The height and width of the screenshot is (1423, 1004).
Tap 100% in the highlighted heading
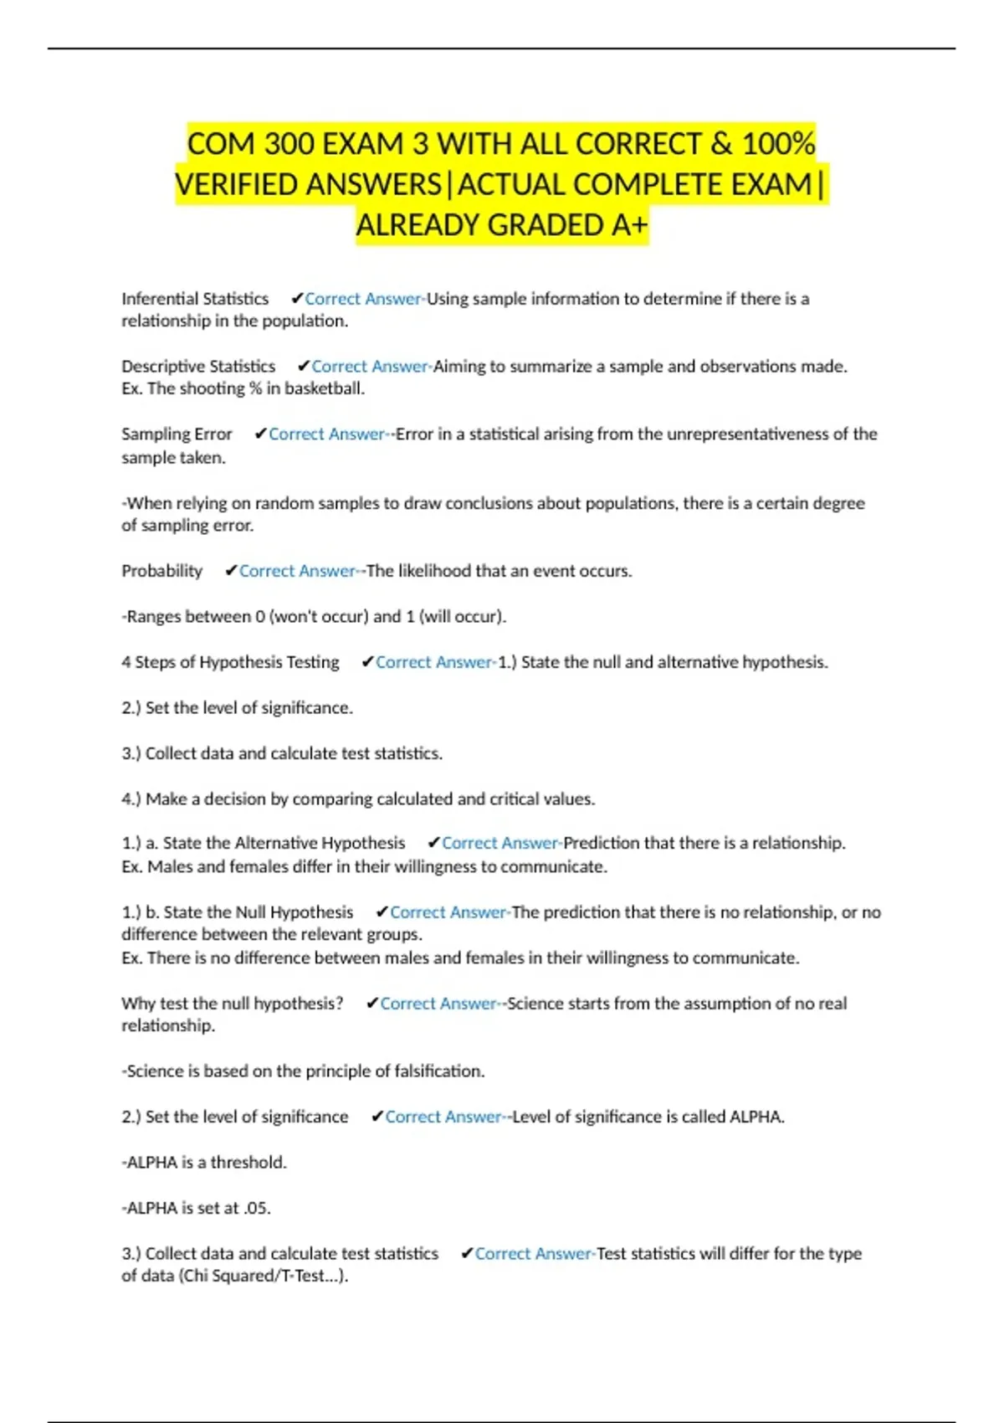pos(778,144)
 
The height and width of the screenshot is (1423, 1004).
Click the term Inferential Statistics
pos(195,299)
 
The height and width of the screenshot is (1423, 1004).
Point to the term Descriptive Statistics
pos(198,367)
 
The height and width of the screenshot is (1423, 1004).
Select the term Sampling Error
pos(177,434)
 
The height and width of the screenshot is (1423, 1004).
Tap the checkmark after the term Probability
pos(231,571)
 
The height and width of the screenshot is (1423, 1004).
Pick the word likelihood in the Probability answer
pos(434,571)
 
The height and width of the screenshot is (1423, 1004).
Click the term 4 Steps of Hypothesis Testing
pos(230,662)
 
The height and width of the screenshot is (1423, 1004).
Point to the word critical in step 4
pos(518,799)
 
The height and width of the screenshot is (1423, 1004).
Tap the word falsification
pos(438,1071)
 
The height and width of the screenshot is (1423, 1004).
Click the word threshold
pos(248,1163)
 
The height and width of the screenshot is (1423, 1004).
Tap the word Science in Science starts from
pos(535,1004)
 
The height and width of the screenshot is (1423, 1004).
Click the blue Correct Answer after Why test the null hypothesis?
pos(438,1004)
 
